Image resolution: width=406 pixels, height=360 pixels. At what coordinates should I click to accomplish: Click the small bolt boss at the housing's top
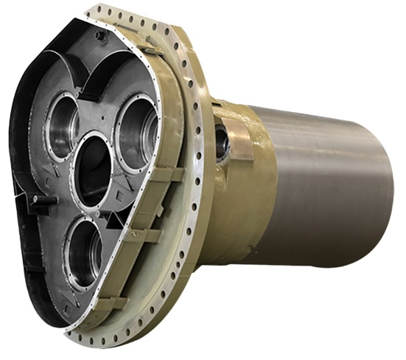coord(101,35)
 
